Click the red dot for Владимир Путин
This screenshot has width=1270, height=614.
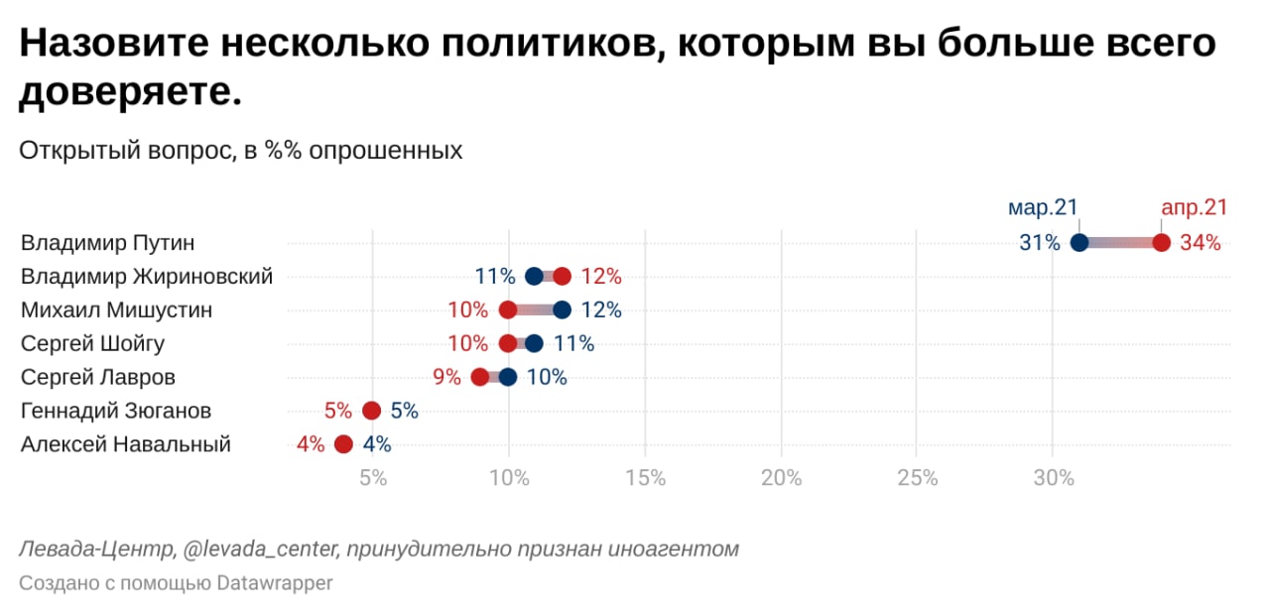click(x=1161, y=243)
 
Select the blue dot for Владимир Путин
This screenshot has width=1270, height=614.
click(x=1079, y=243)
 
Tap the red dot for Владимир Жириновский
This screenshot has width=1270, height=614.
click(x=563, y=277)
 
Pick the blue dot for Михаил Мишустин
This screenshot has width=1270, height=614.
click(x=563, y=310)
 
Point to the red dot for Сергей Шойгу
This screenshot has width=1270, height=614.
click(x=508, y=344)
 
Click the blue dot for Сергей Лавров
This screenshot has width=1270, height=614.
click(x=508, y=378)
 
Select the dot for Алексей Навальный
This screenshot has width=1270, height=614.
click(x=344, y=444)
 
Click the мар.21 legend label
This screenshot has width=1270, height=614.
click(x=1043, y=208)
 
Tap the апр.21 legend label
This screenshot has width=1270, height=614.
click(x=1194, y=208)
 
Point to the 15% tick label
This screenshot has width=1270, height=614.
click(x=645, y=479)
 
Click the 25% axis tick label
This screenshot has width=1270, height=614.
click(x=917, y=479)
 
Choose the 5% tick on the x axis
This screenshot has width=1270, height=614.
click(x=373, y=479)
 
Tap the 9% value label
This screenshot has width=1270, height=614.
click(x=446, y=378)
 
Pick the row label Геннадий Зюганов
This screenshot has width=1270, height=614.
click(x=116, y=412)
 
